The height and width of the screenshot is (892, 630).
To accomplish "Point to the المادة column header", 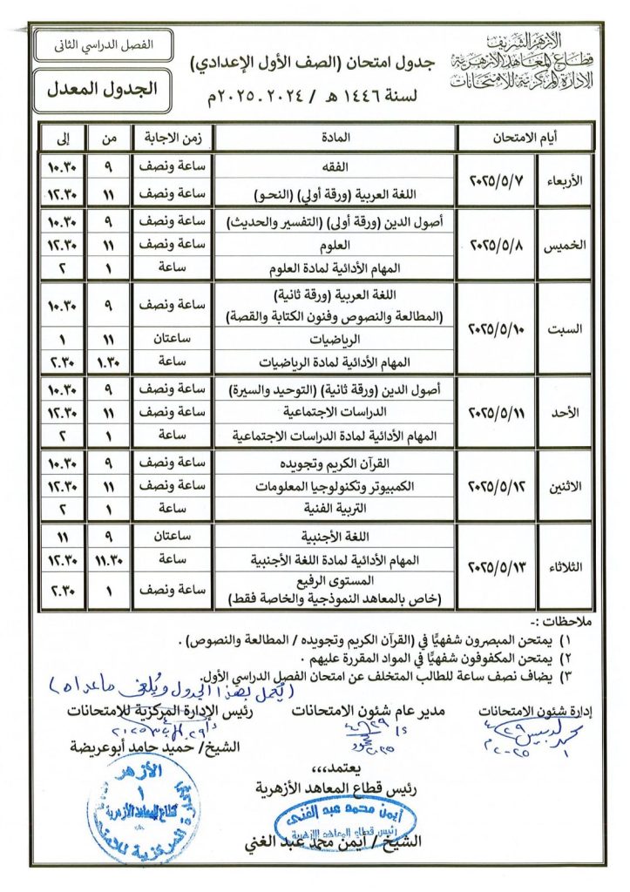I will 335,137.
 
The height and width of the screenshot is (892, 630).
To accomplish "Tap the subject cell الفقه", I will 335,166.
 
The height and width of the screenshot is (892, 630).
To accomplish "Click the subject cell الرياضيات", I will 335,341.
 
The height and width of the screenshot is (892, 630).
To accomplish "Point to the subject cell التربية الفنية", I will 335,504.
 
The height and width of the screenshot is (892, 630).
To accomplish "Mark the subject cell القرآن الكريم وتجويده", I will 335,463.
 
